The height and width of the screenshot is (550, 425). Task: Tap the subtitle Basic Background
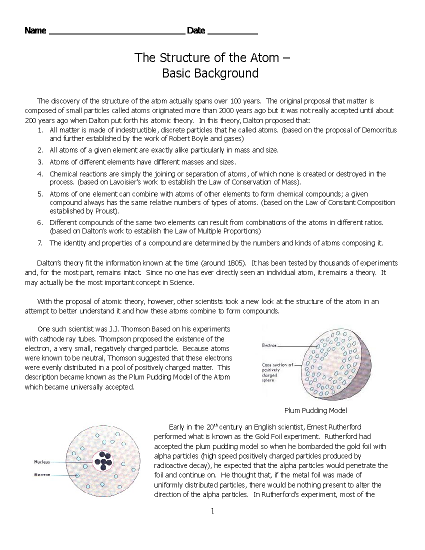pos(210,73)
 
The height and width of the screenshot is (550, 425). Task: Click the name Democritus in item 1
pos(380,130)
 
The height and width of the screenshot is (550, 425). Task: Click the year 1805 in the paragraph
pos(235,263)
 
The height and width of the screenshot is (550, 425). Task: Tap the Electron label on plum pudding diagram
pos(269,345)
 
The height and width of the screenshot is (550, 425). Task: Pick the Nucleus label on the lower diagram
pos(42,462)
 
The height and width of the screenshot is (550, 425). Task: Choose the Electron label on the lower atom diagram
pos(42,475)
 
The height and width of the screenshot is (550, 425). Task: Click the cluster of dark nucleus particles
pos(103,461)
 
